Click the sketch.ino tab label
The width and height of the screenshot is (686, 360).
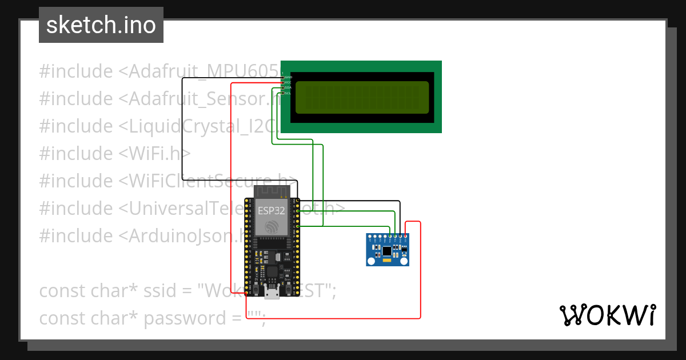(101, 25)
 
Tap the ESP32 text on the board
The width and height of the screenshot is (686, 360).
(271, 210)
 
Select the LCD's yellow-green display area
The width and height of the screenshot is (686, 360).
(362, 97)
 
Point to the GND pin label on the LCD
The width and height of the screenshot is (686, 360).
(289, 77)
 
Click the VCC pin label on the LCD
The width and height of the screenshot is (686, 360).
(288, 82)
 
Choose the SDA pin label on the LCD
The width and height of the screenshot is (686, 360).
(288, 87)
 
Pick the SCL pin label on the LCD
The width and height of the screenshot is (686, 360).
(288, 93)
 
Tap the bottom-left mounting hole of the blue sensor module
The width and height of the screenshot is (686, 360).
(372, 261)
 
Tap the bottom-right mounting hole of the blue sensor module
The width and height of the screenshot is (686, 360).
(404, 261)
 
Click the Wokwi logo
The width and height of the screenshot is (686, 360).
(607, 315)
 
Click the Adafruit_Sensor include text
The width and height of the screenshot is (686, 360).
(200, 99)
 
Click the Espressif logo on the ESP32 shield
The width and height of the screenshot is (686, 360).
(271, 227)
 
